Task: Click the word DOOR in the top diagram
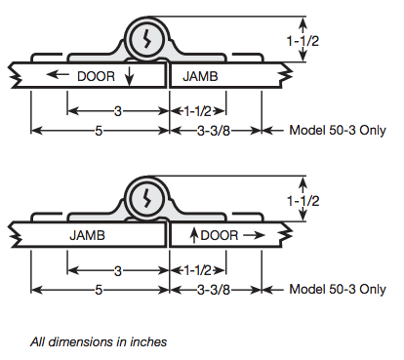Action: click(x=96, y=76)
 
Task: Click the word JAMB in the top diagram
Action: click(x=200, y=76)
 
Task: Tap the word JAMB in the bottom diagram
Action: click(x=87, y=235)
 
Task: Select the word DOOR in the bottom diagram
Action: click(x=220, y=235)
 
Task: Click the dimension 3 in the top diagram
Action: click(x=118, y=111)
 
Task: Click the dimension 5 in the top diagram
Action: click(x=99, y=131)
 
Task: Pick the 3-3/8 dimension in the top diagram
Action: click(x=214, y=131)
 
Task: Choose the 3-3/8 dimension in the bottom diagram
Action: click(x=214, y=290)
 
